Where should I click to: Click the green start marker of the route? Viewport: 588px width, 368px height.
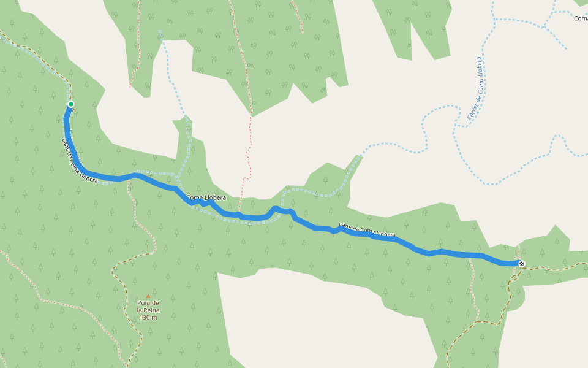(x=71, y=104)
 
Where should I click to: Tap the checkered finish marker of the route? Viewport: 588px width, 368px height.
(x=522, y=264)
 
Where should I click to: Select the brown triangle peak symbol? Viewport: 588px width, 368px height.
(x=148, y=296)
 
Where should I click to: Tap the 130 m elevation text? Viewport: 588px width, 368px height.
(x=148, y=318)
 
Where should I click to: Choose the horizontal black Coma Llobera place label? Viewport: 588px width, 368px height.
(x=206, y=197)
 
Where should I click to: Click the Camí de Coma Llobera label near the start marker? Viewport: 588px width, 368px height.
(x=80, y=161)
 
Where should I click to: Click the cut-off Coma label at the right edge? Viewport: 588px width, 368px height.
(x=581, y=18)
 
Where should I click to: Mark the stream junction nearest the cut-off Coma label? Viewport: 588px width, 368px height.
(x=544, y=26)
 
